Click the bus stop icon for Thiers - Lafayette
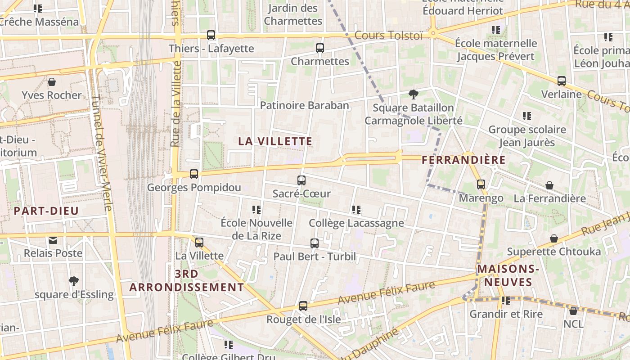coord(211,35)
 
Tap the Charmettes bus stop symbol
coord(320,48)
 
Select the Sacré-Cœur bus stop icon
coord(301,180)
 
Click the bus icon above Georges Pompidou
coord(194,174)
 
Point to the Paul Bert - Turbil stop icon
coord(315,243)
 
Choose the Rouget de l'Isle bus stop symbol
coord(303,306)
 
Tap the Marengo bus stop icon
coord(481,184)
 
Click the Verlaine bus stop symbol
coord(562,81)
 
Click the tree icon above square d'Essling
coord(74,281)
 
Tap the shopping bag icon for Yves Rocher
coord(52,82)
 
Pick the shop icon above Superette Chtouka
coord(554,238)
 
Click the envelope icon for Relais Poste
coord(53,240)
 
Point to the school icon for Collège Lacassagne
coord(356,209)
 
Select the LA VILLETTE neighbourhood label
coord(275,141)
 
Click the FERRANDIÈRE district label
coord(463,160)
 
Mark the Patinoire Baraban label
coord(305,105)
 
